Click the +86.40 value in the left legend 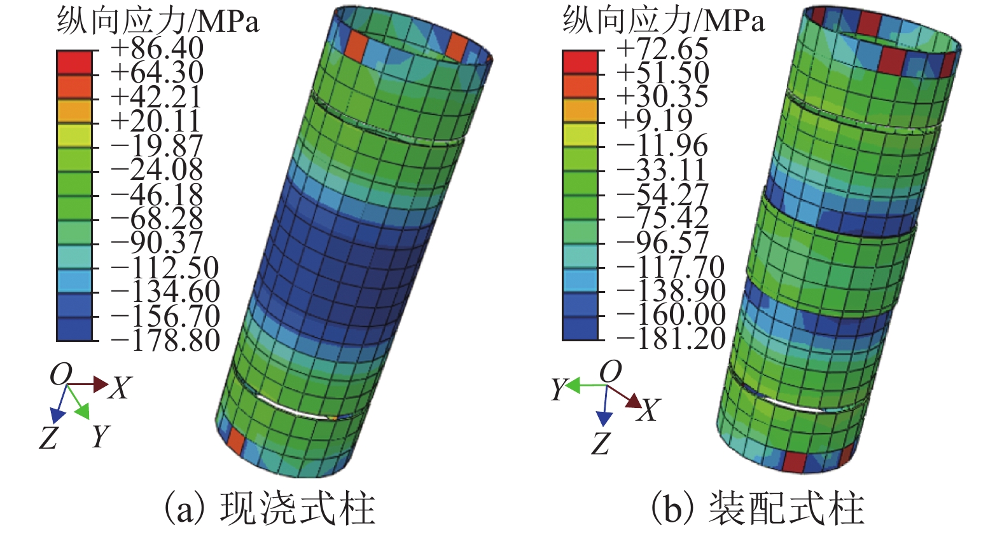[x=157, y=49]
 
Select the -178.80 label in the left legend [x=165, y=340]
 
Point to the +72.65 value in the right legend [x=662, y=49]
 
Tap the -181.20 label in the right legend [x=672, y=338]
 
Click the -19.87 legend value [x=157, y=146]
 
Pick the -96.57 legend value [x=663, y=242]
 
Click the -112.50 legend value [x=165, y=267]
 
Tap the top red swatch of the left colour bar [x=74, y=62]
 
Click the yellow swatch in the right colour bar [x=580, y=135]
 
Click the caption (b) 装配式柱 [x=757, y=508]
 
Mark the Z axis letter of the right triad [x=601, y=444]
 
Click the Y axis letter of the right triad [x=558, y=389]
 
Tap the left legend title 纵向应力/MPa [x=158, y=21]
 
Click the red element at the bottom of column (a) [x=235, y=440]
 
